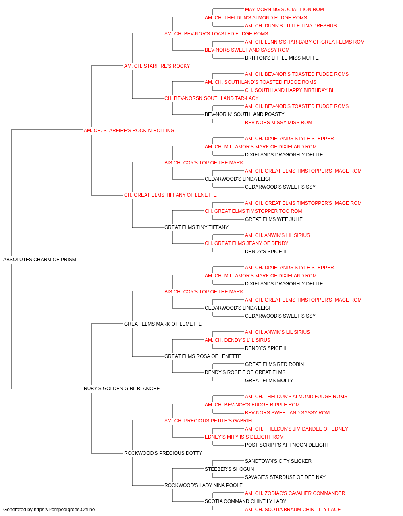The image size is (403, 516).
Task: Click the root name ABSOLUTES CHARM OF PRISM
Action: (39, 260)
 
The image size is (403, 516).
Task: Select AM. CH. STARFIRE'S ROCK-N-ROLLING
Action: (129, 131)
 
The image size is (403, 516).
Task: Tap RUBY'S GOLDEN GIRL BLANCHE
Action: (122, 389)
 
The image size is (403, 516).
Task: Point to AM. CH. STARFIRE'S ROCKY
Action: (157, 66)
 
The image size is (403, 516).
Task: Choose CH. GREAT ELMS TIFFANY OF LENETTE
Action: (170, 195)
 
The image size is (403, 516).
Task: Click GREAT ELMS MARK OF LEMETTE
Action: (163, 324)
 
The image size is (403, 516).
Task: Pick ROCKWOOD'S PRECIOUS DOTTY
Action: (163, 453)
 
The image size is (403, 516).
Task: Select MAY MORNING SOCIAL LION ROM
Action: (285, 10)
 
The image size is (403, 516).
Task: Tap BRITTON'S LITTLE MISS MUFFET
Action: (283, 58)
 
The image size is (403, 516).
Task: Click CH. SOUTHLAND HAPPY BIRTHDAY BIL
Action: (291, 90)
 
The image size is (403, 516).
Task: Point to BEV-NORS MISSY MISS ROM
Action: (278, 123)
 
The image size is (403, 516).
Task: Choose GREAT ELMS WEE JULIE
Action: (274, 219)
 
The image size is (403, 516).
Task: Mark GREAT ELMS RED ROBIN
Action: (274, 364)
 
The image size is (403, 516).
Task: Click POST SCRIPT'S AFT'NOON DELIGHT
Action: (287, 445)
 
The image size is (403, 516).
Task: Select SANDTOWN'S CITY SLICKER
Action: (278, 461)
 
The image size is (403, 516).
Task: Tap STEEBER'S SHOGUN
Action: (229, 469)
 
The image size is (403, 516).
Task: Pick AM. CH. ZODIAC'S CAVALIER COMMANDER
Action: (295, 493)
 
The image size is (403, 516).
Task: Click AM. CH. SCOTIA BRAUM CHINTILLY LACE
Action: (293, 510)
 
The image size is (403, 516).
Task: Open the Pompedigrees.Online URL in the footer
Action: (64, 510)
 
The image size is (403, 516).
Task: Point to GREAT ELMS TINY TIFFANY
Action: (196, 227)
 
